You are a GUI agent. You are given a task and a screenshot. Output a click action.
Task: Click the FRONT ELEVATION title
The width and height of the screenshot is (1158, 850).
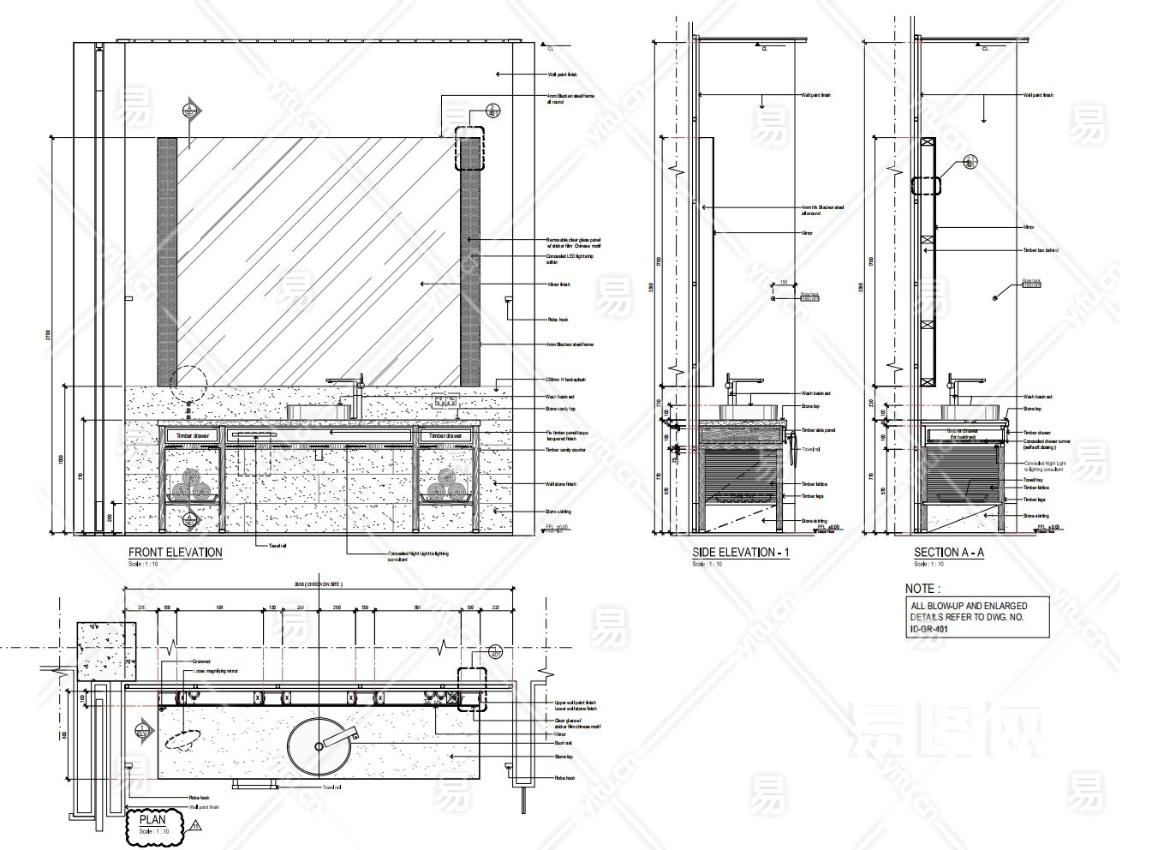pos(175,553)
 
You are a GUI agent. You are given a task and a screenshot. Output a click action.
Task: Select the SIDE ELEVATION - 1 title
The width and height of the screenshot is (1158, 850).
pos(740,553)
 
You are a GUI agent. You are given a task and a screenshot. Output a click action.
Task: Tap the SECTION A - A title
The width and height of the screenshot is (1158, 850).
pos(948,553)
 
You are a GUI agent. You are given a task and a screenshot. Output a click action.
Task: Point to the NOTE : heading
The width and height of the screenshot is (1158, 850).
pos(923,589)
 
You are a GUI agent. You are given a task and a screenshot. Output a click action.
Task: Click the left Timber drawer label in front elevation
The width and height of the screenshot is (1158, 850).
pos(192,436)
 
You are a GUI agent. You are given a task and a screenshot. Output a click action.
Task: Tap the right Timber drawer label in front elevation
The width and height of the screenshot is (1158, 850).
pos(445,436)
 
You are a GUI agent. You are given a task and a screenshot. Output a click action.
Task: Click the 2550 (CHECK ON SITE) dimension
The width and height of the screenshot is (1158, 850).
pos(318,584)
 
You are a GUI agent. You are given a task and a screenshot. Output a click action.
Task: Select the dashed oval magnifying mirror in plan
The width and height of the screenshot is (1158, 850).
pos(182,739)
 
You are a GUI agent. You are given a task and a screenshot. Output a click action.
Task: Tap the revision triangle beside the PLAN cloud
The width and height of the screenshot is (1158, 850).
pos(196,827)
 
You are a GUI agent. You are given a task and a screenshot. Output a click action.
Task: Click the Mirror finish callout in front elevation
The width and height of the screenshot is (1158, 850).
pos(558,284)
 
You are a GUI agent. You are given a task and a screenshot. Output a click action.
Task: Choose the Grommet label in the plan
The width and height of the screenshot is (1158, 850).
pos(203,661)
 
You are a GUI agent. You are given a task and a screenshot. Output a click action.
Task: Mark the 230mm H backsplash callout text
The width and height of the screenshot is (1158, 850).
pos(564,380)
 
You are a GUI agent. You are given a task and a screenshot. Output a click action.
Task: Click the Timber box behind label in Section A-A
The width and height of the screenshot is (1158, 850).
pos(1040,250)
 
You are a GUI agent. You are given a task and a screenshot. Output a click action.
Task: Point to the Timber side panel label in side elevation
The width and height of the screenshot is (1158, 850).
pos(818,430)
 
